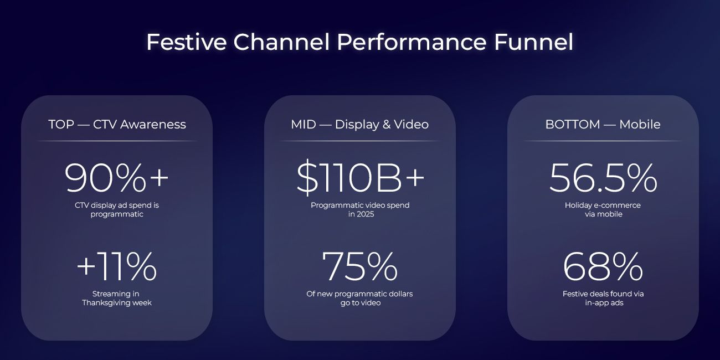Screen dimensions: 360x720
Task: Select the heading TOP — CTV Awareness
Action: click(117, 124)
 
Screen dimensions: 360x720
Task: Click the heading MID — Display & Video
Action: click(360, 124)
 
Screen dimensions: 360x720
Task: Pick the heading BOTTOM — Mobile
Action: click(603, 124)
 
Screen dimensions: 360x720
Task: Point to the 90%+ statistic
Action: click(117, 178)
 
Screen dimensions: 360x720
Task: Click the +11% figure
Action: click(117, 266)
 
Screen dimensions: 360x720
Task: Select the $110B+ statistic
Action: click(360, 178)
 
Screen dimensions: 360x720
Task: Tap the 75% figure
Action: click(360, 266)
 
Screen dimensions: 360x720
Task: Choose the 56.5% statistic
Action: click(603, 178)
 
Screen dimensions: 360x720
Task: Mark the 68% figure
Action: click(603, 266)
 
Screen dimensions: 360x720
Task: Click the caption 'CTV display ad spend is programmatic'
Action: click(117, 209)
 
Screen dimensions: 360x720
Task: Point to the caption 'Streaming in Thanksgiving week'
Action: click(117, 298)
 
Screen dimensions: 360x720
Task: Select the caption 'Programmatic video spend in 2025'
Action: click(360, 209)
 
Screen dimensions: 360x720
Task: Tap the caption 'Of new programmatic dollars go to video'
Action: click(360, 298)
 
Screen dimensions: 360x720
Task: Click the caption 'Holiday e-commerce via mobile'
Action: click(603, 209)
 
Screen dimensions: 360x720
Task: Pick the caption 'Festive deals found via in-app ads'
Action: click(603, 298)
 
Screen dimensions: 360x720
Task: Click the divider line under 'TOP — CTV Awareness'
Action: click(117, 141)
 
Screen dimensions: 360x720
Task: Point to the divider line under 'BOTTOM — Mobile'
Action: click(603, 141)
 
